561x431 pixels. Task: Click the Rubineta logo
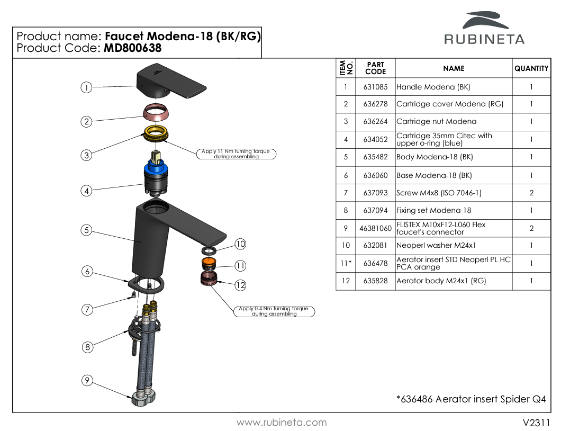coord(484,28)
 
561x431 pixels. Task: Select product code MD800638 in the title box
coord(133,48)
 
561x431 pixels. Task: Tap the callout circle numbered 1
coord(86,87)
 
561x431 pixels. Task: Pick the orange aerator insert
coord(209,264)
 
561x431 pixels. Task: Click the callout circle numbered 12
coord(240,285)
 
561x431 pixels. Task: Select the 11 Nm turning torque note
coord(236,154)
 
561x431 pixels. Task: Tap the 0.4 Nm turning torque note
coord(274,311)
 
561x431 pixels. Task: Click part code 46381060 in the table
coord(375,228)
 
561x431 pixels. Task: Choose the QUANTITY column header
coord(531,68)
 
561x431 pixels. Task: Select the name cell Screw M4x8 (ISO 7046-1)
coord(439,193)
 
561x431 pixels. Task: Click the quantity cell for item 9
coord(531,228)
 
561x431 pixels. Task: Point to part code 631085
coord(375,87)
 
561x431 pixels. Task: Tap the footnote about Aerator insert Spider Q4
coord(471,399)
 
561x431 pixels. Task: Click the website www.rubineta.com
coord(282,423)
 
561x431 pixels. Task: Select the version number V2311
coord(536,423)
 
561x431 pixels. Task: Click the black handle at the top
coord(171,81)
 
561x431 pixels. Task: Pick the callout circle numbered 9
coord(87,380)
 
